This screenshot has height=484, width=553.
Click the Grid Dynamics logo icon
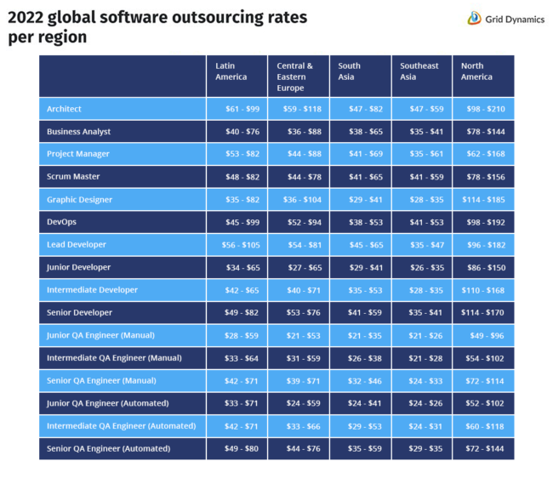click(475, 18)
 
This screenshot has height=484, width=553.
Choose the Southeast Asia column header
click(419, 71)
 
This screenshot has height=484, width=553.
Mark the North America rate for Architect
click(482, 109)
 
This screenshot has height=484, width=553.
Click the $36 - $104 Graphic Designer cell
click(298, 200)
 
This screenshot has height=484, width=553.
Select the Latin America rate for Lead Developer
click(236, 245)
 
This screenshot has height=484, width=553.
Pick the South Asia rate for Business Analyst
click(359, 132)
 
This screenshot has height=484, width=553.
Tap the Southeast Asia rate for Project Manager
click(419, 154)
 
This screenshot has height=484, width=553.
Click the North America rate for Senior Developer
click(482, 313)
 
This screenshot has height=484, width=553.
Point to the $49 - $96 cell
click(482, 335)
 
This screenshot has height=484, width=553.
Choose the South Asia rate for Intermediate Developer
click(359, 290)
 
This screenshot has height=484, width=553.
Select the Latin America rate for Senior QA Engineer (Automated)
click(236, 448)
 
